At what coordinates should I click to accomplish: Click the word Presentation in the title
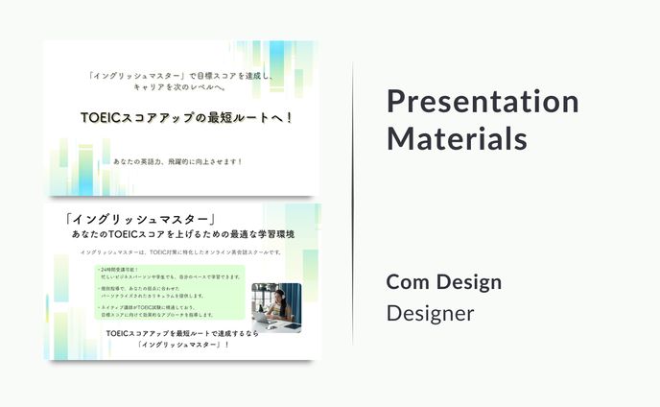click(483, 102)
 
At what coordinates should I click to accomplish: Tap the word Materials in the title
click(457, 138)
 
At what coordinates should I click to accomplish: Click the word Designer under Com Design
click(430, 313)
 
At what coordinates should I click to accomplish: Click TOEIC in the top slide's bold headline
click(99, 117)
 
